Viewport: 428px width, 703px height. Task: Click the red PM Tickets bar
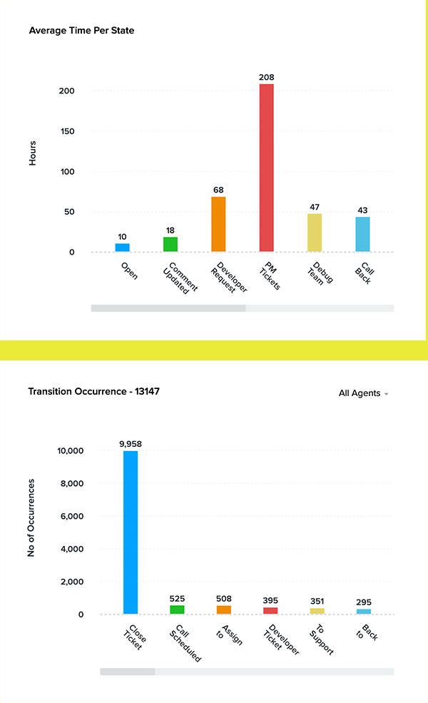266,168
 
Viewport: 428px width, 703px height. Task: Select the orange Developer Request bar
218,224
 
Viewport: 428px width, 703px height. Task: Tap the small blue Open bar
123,248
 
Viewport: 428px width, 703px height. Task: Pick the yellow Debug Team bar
315,233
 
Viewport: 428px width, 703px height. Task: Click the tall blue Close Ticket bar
131,532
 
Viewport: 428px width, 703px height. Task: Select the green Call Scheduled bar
177,610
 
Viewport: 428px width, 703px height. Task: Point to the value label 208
267,77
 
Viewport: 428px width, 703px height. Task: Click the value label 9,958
131,444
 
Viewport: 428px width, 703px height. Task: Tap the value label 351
317,602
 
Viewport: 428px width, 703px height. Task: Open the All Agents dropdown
364,393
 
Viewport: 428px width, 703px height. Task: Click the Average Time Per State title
81,31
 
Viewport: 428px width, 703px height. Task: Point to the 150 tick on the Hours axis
76,131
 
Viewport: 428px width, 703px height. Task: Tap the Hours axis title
32,153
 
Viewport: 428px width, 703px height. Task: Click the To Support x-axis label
319,637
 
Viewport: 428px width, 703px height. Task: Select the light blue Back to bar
364,611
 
